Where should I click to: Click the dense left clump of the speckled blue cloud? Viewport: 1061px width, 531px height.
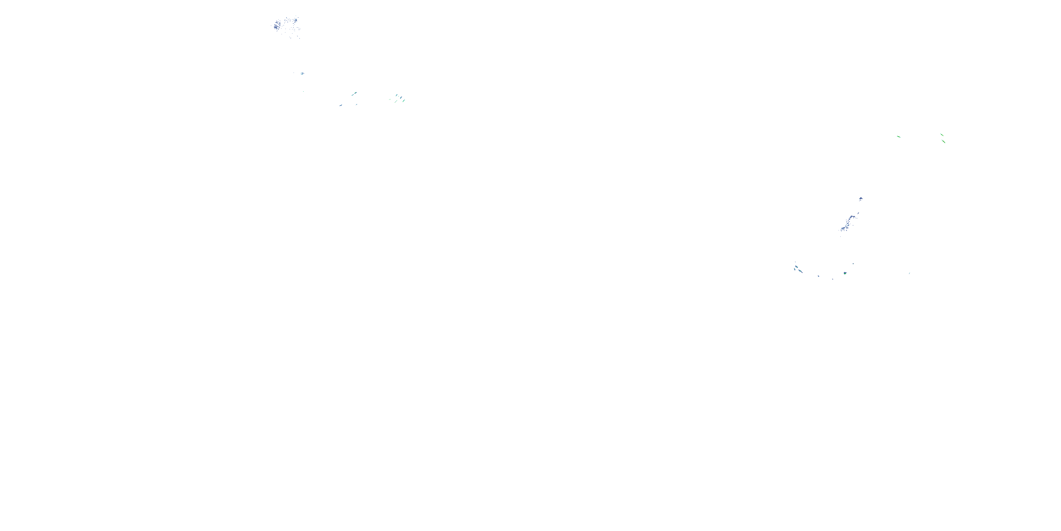click(x=277, y=25)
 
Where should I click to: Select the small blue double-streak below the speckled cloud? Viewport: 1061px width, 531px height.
click(x=302, y=73)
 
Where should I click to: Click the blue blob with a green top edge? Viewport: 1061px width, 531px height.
click(x=353, y=95)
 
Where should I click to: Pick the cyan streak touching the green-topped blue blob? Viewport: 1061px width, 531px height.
click(x=355, y=93)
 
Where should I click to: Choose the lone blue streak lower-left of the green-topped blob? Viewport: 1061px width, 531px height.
click(x=341, y=105)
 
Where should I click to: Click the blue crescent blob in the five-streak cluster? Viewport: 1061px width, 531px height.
click(x=397, y=95)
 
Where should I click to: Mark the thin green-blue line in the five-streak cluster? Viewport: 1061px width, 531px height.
click(x=396, y=101)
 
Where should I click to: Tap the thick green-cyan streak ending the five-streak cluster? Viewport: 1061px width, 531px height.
click(x=404, y=100)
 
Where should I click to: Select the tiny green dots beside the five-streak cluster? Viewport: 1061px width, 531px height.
click(x=390, y=99)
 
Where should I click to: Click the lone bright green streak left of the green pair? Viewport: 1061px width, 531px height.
click(x=899, y=136)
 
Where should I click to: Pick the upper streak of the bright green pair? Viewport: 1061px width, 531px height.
click(x=941, y=135)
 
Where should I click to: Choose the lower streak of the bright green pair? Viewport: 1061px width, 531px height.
click(x=943, y=141)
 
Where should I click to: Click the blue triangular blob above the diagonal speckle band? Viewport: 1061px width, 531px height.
click(x=861, y=199)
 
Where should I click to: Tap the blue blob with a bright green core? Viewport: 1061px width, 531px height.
click(x=845, y=273)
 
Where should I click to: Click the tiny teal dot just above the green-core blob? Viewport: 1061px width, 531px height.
click(x=853, y=264)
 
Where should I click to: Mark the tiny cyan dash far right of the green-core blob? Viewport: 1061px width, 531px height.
click(x=909, y=273)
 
